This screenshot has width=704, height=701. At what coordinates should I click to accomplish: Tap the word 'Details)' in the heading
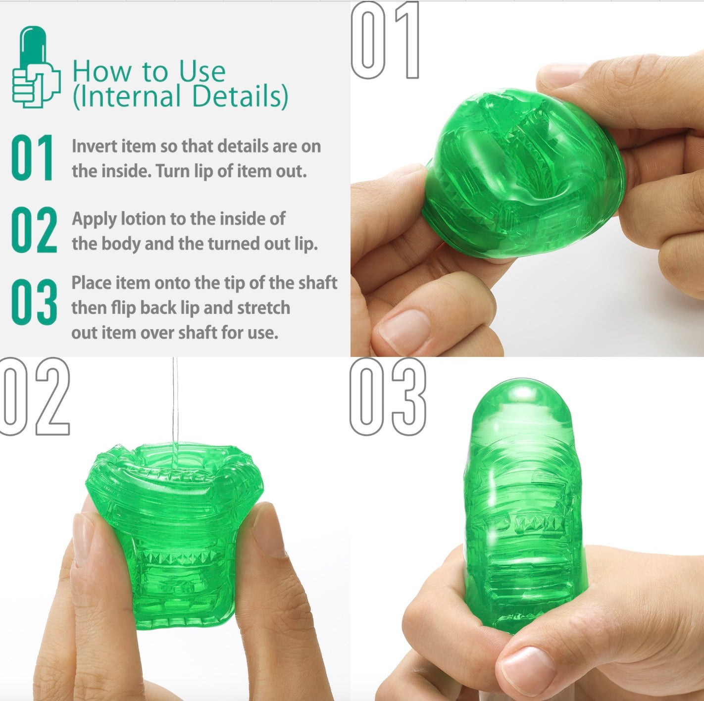(x=240, y=97)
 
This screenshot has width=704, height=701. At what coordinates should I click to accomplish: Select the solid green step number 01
(x=32, y=157)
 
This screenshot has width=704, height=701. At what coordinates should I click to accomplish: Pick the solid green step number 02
(x=34, y=230)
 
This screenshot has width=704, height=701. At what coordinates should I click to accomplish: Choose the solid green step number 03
(x=34, y=302)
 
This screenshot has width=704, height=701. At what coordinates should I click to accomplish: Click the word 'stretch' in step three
(x=263, y=307)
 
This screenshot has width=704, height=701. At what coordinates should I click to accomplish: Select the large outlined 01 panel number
(x=385, y=40)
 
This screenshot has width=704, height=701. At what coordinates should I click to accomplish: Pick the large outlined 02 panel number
(x=35, y=396)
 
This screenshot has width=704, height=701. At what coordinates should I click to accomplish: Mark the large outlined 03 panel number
(x=387, y=396)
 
